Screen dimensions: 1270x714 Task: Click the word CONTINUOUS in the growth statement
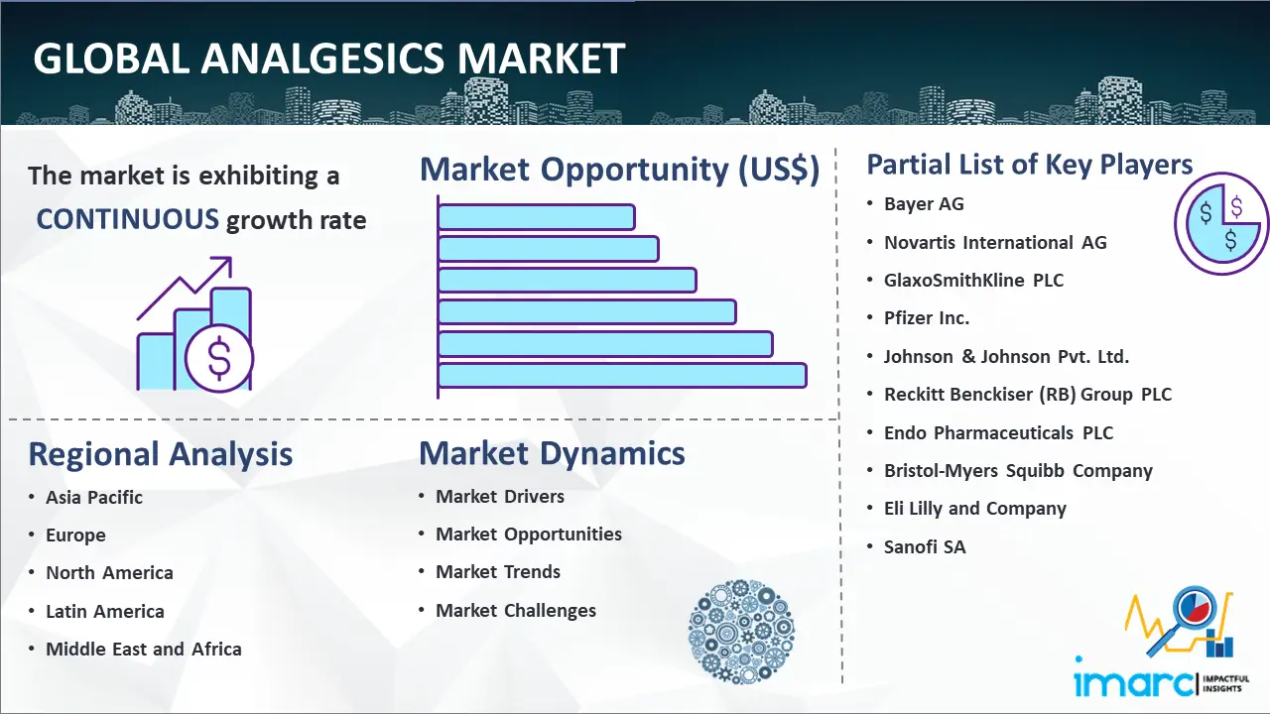tap(127, 219)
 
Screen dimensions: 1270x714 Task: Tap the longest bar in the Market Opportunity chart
tap(622, 376)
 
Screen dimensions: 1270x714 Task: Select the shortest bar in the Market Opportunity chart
tap(537, 217)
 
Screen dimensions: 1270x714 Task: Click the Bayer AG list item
tap(924, 204)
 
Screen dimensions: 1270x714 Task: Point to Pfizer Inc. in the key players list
tap(927, 318)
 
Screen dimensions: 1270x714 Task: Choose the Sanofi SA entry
tap(925, 546)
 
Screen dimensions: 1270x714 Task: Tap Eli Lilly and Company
tap(975, 509)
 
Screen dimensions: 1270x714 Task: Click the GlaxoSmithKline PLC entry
tap(973, 280)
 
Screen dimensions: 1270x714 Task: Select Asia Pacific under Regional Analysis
tap(94, 497)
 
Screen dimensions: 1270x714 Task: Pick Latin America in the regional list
tap(105, 612)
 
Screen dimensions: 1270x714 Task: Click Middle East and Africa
tap(144, 649)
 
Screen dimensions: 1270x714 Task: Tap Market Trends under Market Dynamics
tap(498, 572)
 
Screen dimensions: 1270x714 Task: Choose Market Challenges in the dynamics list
tap(515, 610)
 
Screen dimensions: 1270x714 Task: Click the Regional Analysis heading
tap(161, 454)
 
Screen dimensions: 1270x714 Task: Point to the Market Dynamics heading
tap(552, 453)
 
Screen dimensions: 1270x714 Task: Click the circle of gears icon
tap(741, 632)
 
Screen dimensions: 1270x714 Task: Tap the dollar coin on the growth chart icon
tap(219, 359)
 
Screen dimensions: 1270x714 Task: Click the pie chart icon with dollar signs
tap(1221, 224)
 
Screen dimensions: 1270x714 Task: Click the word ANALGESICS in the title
tap(323, 59)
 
